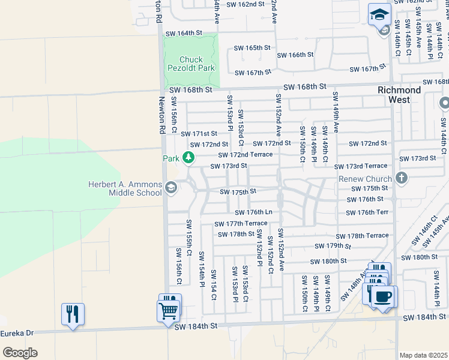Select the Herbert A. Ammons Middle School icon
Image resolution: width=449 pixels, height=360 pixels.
tap(170, 188)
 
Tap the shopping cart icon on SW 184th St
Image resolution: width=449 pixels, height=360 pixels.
tap(169, 310)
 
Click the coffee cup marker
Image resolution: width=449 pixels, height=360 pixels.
tap(384, 296)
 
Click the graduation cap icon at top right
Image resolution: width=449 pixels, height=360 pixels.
tap(379, 14)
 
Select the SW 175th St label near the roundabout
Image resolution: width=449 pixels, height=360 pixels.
tap(238, 192)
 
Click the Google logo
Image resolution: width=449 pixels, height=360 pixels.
tap(19, 352)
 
